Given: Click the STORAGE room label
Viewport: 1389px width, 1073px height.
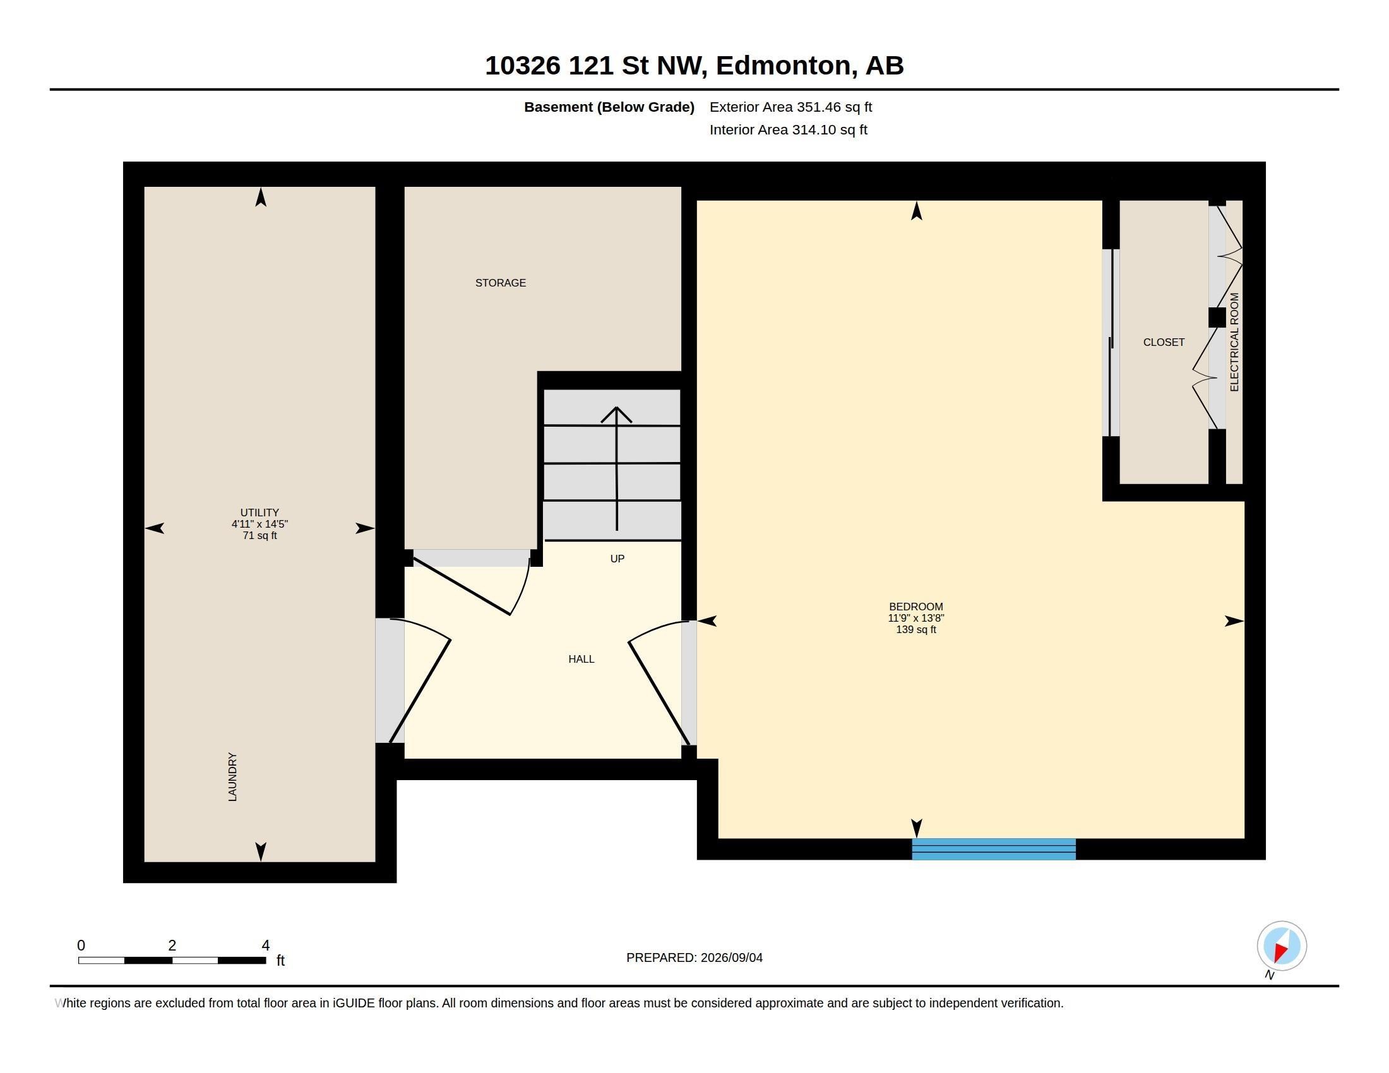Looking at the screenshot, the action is (501, 283).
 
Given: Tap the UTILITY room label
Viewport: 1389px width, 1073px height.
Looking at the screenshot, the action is (259, 513).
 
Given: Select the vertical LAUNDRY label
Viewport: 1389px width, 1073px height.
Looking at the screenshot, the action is (233, 777).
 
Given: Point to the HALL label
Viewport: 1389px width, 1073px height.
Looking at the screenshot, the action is (581, 659).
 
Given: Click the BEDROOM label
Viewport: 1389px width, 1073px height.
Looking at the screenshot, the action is (916, 607).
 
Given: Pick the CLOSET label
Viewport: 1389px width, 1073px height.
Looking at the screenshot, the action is (1164, 342).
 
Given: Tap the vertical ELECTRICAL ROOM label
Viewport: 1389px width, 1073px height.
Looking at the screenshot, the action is (1234, 342).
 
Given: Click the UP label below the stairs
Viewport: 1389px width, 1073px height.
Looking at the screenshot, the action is (617, 559).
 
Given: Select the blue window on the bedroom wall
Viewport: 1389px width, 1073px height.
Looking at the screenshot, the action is (993, 849).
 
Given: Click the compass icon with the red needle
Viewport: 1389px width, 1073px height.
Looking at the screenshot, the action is (1282, 946).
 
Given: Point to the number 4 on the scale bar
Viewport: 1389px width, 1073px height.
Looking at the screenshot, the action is (266, 946).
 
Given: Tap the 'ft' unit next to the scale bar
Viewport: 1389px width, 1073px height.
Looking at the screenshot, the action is (280, 961).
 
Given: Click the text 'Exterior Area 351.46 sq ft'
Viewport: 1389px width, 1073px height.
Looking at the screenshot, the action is (790, 107).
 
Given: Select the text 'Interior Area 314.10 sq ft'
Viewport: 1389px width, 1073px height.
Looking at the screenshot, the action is (788, 129).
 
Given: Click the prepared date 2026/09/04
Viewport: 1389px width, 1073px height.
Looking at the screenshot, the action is (731, 957).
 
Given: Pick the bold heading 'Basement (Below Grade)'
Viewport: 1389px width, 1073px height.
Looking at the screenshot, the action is (609, 107).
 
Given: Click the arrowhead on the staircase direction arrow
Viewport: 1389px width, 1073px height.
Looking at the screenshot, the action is (616, 414).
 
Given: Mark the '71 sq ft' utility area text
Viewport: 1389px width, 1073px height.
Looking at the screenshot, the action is (259, 535).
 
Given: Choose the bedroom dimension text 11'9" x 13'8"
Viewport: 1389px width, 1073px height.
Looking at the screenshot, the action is (916, 618).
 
